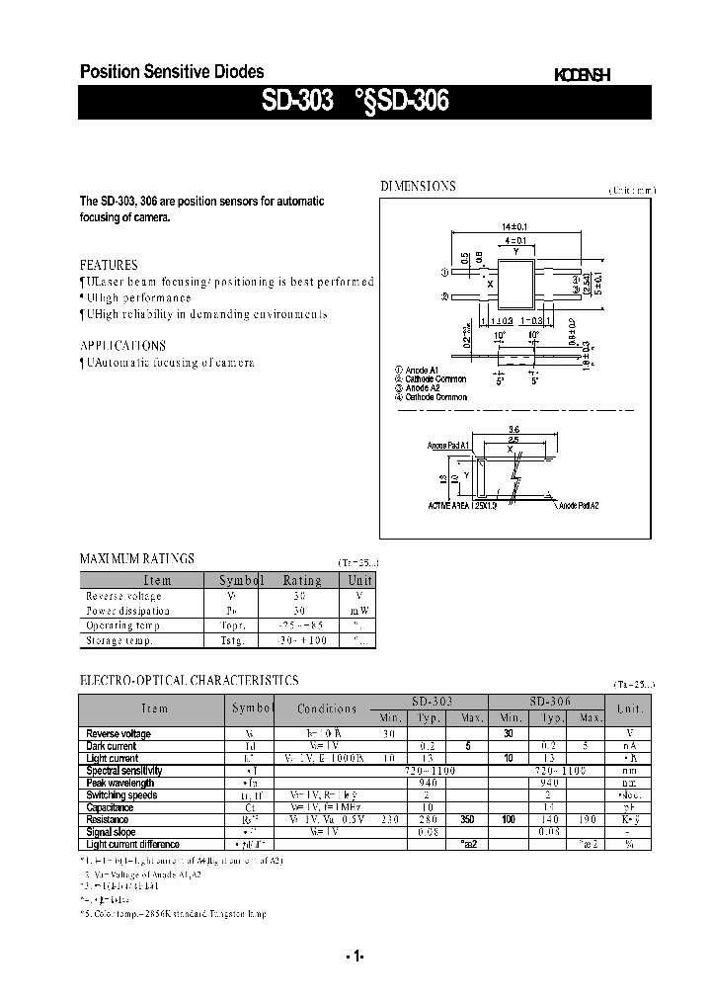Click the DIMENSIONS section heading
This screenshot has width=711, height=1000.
point(418,186)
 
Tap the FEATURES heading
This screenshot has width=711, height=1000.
point(109,265)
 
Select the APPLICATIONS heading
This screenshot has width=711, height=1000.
point(122,346)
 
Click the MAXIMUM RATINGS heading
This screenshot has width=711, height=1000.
point(136,558)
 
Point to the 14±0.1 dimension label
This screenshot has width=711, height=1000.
point(514,227)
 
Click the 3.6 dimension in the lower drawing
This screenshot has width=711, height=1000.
point(513,429)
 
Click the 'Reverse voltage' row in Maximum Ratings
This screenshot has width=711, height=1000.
point(122,596)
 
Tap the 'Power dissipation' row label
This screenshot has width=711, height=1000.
point(127,611)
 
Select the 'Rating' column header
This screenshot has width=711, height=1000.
point(302,581)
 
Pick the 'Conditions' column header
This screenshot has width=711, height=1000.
point(327,708)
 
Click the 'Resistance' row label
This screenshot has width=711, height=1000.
point(107,819)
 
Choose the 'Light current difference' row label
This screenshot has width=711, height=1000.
point(132,844)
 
